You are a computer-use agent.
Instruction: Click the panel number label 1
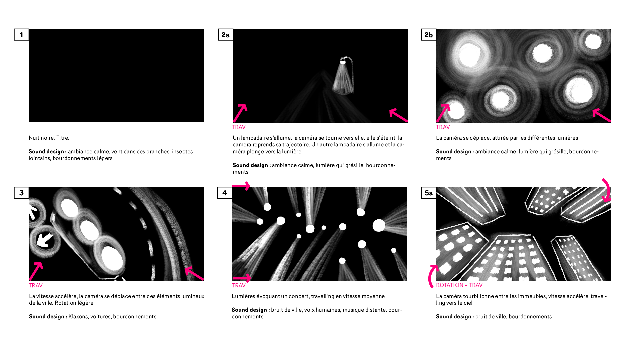click(x=21, y=35)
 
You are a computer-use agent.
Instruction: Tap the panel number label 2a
click(x=225, y=35)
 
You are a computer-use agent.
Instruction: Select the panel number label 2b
click(x=429, y=35)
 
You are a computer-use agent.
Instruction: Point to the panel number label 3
click(x=21, y=193)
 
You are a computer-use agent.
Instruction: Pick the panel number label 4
click(x=224, y=193)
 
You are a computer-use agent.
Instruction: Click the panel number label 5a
click(x=429, y=193)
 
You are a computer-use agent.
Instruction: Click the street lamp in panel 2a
click(x=344, y=76)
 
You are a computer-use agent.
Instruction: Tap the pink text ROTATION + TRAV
click(x=459, y=285)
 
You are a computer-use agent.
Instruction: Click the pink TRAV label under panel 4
click(x=239, y=285)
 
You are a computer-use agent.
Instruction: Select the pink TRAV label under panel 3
click(x=36, y=285)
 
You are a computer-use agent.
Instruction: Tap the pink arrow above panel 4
click(x=241, y=186)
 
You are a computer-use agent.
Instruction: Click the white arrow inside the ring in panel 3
click(x=45, y=240)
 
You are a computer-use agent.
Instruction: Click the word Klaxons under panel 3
click(x=78, y=316)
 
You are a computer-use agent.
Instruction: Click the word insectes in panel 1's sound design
click(x=182, y=151)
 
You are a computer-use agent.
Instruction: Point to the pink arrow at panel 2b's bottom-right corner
click(x=602, y=115)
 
